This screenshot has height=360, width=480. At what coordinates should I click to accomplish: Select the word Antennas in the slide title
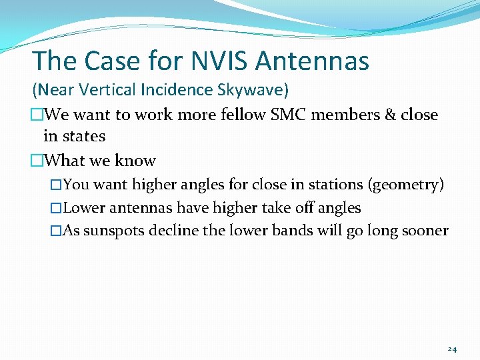312,61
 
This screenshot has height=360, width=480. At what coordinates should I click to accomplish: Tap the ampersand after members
390,115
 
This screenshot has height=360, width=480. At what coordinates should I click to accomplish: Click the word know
135,161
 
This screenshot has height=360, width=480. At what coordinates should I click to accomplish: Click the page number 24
452,349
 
